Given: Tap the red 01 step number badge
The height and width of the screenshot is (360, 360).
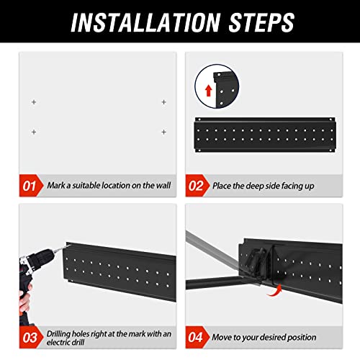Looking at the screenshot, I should (x=30, y=186).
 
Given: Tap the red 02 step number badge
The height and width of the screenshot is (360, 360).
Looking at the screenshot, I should (x=197, y=186).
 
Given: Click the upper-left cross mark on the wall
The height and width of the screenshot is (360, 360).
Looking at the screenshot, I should (x=33, y=102).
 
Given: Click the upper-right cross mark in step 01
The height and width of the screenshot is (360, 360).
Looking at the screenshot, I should (x=163, y=102).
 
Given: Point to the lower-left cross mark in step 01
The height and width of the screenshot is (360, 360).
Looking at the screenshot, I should (x=33, y=131).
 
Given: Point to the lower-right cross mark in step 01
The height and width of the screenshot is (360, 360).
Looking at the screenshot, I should (x=163, y=131).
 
